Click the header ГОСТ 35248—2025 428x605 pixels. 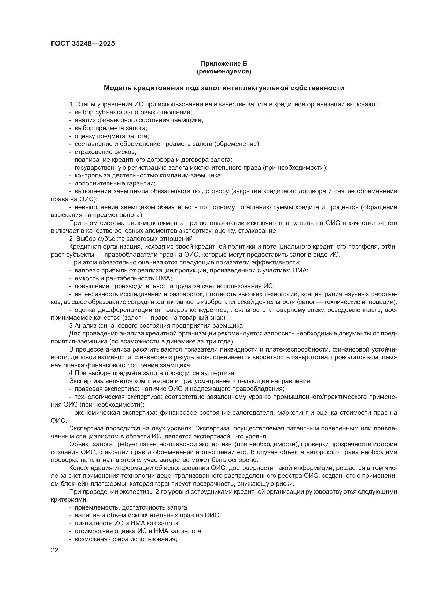[x=83, y=44]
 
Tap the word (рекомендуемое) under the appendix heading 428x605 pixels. [x=224, y=71]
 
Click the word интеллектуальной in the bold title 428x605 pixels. [x=255, y=88]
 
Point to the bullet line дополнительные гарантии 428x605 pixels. [x=115, y=183]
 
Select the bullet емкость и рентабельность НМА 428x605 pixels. [x=123, y=278]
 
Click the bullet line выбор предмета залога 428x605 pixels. [x=111, y=128]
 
